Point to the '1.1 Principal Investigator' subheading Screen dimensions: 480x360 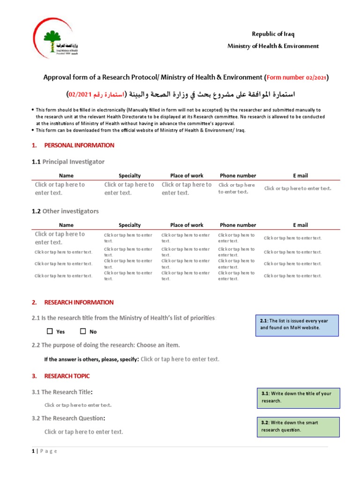[68, 162]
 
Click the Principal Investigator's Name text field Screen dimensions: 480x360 [60, 188]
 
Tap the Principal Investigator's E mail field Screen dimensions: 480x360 [298, 188]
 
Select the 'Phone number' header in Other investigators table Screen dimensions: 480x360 [238, 225]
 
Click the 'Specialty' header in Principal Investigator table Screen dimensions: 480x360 [129, 176]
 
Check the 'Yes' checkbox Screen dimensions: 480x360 [50, 331]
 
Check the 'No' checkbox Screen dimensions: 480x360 [83, 331]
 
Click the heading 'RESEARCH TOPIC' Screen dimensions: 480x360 [67, 376]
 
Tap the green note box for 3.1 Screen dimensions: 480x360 [298, 397]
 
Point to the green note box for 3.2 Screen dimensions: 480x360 [298, 426]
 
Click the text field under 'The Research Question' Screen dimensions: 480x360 [83, 432]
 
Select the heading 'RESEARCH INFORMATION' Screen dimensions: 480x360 [79, 302]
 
